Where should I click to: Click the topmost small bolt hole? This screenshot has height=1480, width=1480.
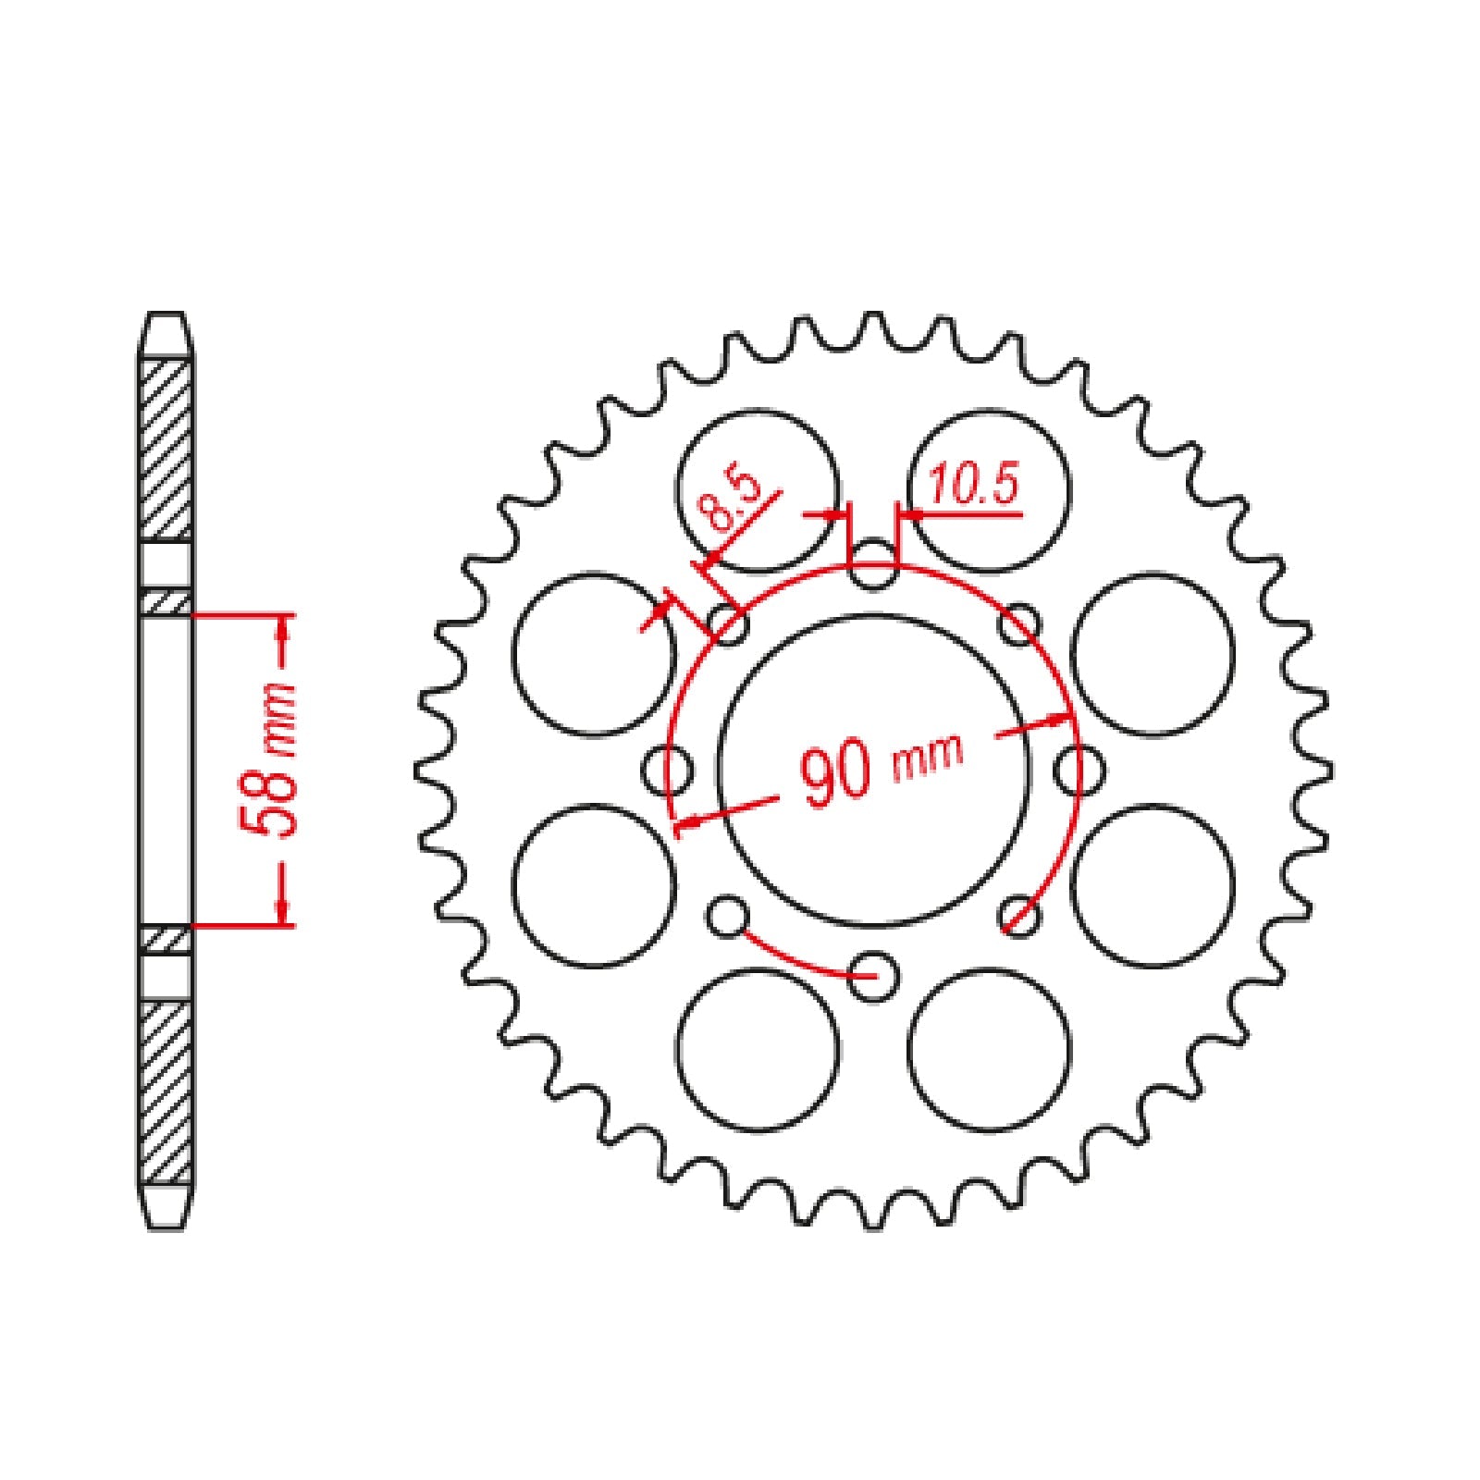coord(873,566)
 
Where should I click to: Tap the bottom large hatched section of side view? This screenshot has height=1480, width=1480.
coord(166,1091)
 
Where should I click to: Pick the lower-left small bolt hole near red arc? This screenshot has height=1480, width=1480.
coord(727,917)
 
